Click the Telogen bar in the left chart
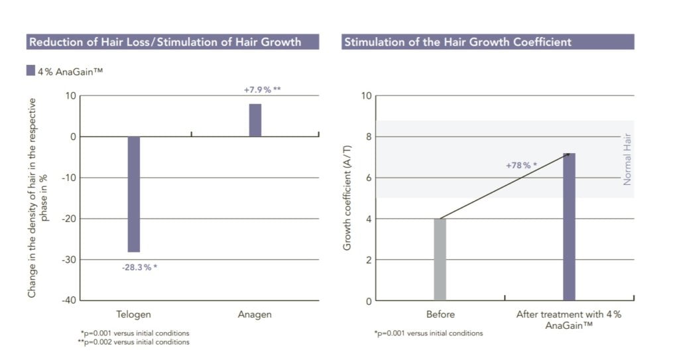click(134, 194)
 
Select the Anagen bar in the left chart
click(255, 120)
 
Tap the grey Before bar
click(440, 259)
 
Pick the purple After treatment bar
click(569, 227)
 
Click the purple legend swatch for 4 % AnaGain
click(31, 70)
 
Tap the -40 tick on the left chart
click(67, 300)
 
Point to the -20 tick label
click(67, 219)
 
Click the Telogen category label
click(135, 314)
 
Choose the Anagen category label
click(255, 314)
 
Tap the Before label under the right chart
click(440, 314)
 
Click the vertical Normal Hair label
click(627, 159)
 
